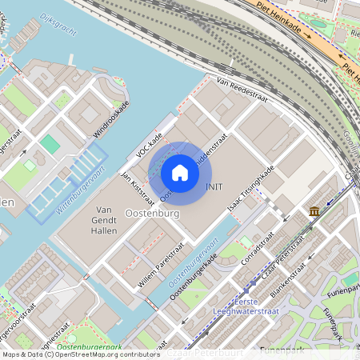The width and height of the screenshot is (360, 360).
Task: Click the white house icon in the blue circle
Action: (x=180, y=173)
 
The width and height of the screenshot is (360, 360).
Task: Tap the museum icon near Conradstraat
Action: (x=314, y=211)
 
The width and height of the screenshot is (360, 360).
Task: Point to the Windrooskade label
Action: (x=111, y=119)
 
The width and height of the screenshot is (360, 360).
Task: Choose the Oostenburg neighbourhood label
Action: (x=151, y=214)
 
